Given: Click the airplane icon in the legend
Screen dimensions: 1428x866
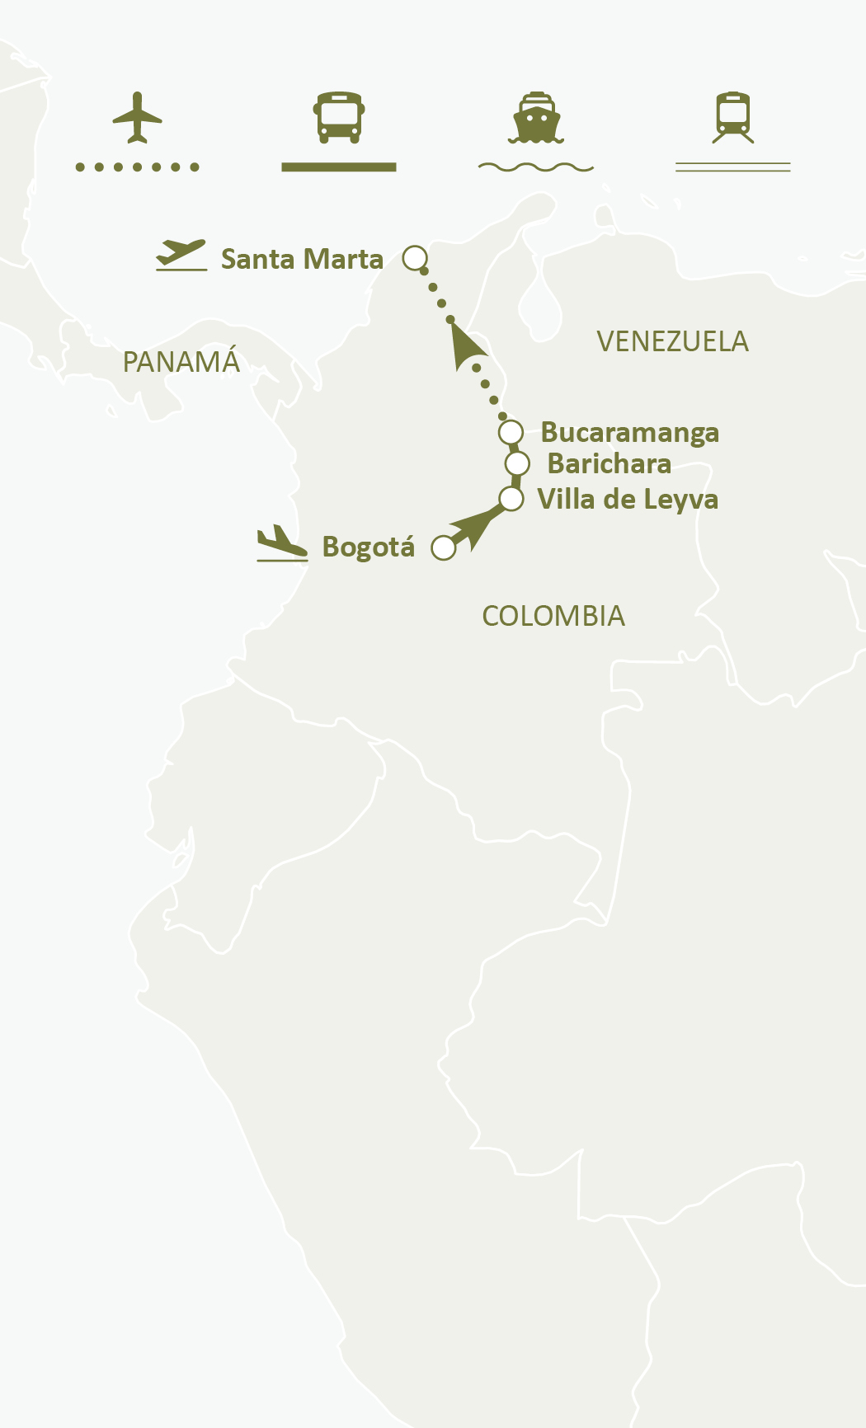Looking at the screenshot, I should (x=137, y=117).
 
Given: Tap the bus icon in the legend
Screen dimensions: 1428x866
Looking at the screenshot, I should (x=338, y=117).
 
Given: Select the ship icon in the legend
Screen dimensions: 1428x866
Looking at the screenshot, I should (x=536, y=117).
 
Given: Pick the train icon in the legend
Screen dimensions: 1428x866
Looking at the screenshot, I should (x=732, y=117).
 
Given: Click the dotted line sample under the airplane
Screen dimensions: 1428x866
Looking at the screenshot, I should (x=137, y=167).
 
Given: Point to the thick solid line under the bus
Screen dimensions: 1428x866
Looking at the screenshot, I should (x=338, y=167).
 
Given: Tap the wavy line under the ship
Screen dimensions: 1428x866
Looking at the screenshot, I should (x=536, y=167).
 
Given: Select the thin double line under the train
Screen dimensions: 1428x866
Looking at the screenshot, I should (x=732, y=167).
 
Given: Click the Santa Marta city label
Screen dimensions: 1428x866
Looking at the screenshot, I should (x=302, y=259).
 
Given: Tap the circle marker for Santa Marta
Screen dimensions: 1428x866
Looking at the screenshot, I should (x=415, y=258).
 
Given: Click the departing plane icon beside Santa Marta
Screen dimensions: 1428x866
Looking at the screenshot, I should (x=181, y=254).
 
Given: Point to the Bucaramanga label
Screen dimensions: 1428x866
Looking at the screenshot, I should (x=629, y=432).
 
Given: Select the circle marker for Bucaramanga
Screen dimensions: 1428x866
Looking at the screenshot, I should (x=511, y=431).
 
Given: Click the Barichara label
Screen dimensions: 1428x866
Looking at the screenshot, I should (x=609, y=463).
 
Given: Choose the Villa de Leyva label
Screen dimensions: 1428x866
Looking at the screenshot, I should (x=627, y=499).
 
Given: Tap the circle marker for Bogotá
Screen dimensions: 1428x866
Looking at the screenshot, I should (x=444, y=547).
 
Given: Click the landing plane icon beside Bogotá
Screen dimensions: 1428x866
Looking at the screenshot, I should (x=282, y=544).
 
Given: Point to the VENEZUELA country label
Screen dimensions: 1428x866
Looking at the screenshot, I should (x=672, y=341).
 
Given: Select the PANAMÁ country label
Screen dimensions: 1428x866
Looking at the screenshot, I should (x=181, y=362).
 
